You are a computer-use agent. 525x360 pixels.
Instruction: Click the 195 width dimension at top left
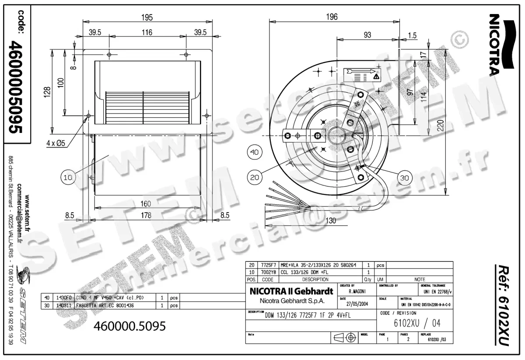[147, 17]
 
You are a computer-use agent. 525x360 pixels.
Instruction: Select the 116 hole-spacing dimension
[147, 32]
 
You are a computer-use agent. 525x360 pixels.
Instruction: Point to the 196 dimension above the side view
[332, 17]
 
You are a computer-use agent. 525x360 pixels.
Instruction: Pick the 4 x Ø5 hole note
[56, 142]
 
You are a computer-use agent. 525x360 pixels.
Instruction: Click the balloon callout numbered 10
[68, 177]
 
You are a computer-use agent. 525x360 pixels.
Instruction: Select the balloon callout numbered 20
[254, 177]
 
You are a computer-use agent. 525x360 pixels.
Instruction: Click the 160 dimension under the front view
[146, 204]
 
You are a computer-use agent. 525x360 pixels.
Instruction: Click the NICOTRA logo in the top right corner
[494, 44]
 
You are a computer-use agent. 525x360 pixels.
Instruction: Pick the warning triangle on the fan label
[376, 77]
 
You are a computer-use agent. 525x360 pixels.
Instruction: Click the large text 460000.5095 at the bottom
[130, 327]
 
